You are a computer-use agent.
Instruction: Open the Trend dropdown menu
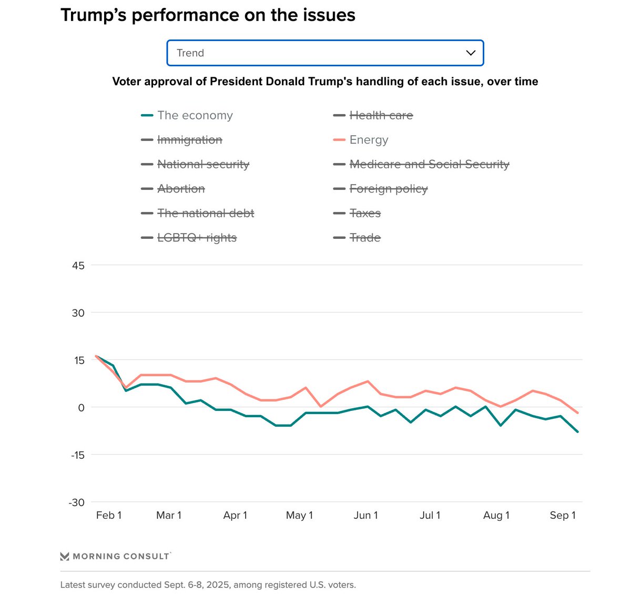pyautogui.click(x=324, y=53)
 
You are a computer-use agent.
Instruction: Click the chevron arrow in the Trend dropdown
pyautogui.click(x=471, y=53)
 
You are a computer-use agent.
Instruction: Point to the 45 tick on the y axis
pyautogui.click(x=78, y=266)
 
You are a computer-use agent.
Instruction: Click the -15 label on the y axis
pyautogui.click(x=77, y=455)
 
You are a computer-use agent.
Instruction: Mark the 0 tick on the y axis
pyautogui.click(x=81, y=408)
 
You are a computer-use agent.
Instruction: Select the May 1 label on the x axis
pyautogui.click(x=299, y=516)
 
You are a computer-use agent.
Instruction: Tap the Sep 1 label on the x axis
pyautogui.click(x=563, y=516)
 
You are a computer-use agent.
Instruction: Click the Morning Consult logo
pyautogui.click(x=115, y=556)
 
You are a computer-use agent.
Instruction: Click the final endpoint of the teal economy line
pyautogui.click(x=578, y=432)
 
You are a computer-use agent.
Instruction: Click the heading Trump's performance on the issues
pyautogui.click(x=208, y=15)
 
